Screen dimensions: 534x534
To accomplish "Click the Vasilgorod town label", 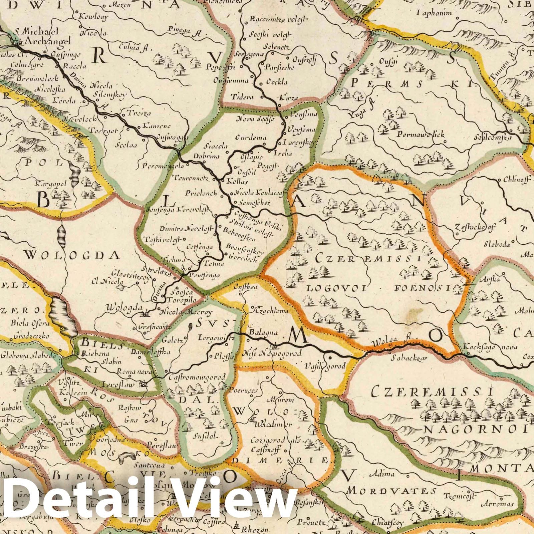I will click(x=325, y=366).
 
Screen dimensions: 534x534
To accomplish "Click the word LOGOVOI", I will click(x=334, y=288).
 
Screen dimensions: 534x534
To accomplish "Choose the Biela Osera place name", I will click(x=30, y=323).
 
